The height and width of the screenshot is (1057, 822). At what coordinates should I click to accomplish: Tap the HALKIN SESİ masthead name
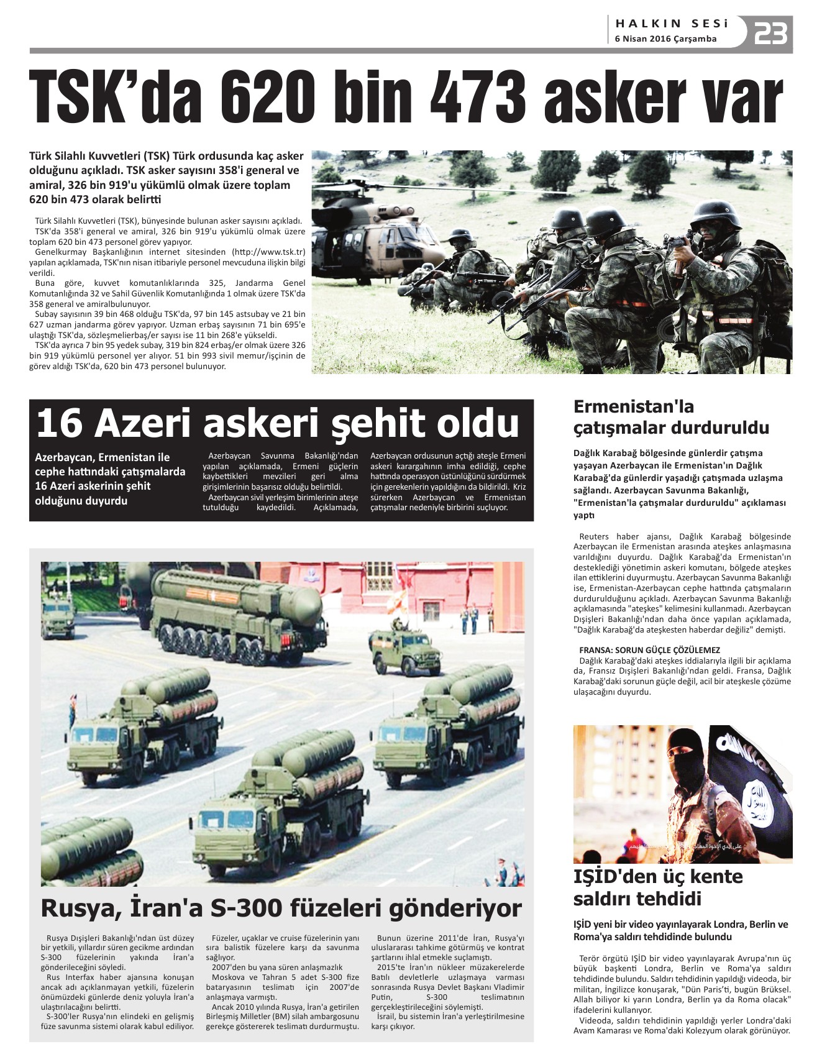[671, 24]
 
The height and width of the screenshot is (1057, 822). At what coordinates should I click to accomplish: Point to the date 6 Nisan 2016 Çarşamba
[665, 39]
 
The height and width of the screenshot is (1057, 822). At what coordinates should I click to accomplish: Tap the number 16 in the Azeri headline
[60, 423]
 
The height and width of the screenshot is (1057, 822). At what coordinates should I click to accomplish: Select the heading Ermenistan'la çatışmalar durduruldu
[670, 417]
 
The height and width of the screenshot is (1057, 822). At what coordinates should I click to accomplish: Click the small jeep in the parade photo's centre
[404, 651]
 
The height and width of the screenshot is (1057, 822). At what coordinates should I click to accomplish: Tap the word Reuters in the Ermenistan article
[593, 536]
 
